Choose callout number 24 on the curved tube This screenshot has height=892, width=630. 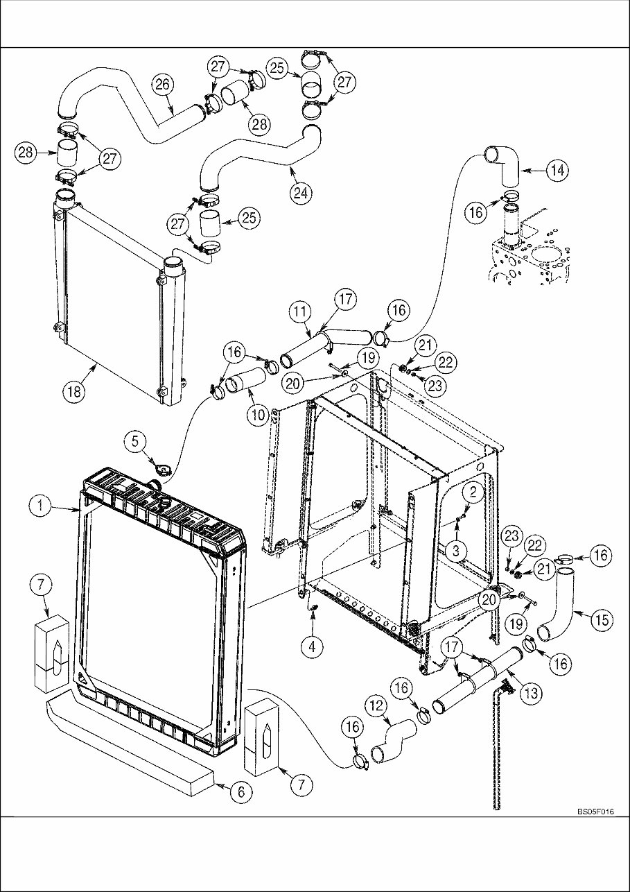[x=300, y=193]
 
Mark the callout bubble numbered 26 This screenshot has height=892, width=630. [x=163, y=85]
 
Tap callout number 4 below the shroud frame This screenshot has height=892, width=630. [x=313, y=646]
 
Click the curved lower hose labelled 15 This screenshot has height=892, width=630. [x=558, y=603]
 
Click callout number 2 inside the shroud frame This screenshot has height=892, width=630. [x=472, y=492]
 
